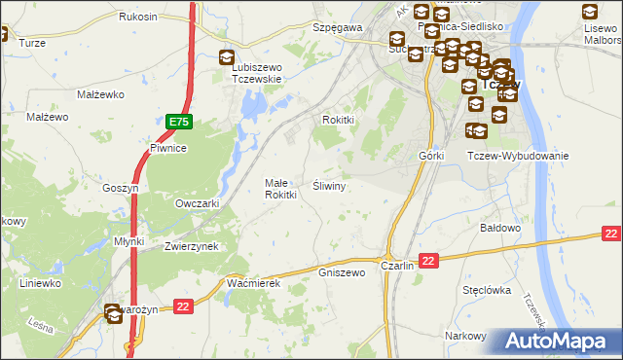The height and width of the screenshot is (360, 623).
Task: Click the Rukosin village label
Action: click(137, 18)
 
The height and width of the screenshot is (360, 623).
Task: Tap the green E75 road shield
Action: click(179, 122)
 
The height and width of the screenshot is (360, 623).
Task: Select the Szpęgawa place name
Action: click(338, 28)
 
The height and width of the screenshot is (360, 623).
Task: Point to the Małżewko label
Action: click(98, 94)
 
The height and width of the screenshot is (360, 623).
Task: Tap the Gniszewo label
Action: click(342, 272)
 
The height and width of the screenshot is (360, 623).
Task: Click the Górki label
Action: click(431, 156)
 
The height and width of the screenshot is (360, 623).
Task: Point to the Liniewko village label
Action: click(42, 283)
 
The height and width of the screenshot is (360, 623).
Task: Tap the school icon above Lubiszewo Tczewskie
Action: click(228, 58)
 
